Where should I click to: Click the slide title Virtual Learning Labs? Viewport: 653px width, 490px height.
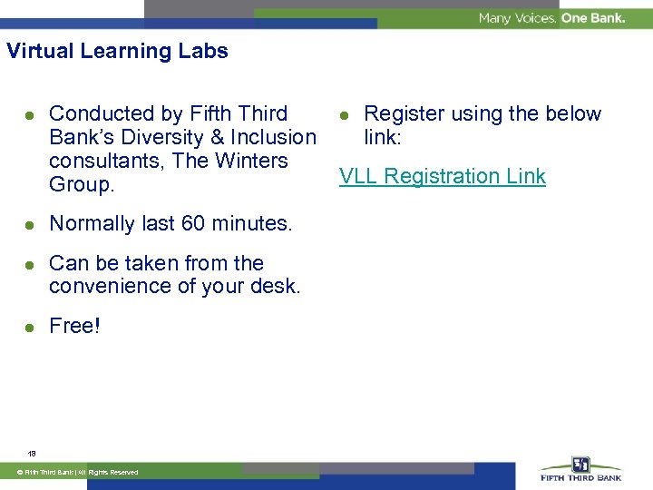(117, 51)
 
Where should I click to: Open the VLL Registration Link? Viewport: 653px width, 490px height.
(442, 176)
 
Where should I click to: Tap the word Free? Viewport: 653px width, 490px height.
(74, 326)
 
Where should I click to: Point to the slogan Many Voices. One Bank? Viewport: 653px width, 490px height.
(551, 18)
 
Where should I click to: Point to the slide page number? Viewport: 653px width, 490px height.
(32, 452)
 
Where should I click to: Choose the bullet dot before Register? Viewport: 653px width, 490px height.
(345, 115)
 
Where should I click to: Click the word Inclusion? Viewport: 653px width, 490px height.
(272, 137)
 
